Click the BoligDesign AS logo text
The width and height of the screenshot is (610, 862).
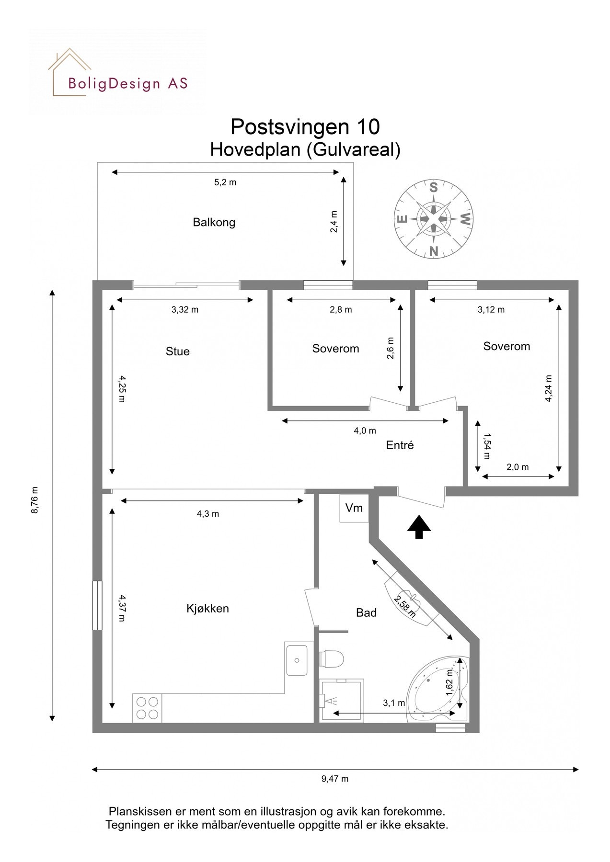coord(127,84)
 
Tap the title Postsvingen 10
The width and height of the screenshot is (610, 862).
coord(305,127)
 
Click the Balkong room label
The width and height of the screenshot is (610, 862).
coord(214,222)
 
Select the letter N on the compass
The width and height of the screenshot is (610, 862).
coord(434,250)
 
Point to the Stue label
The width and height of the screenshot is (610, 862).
coord(177,352)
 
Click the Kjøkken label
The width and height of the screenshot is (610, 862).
coord(207,609)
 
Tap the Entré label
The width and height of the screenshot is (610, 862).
coord(400,445)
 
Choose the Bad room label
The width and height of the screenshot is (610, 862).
coord(366,612)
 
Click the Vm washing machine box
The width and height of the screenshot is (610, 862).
coord(354,508)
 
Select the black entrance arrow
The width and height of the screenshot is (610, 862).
coord(419,527)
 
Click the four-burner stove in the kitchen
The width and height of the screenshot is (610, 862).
coord(147,708)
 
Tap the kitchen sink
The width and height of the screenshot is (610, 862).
coord(297,660)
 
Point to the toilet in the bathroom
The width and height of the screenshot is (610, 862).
coord(331,658)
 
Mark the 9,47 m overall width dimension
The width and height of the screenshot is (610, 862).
coord(335,779)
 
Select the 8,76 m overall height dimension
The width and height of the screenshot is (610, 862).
coord(35,500)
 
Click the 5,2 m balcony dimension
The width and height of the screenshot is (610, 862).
coord(225,182)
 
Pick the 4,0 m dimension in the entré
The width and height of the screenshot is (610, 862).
coord(365,431)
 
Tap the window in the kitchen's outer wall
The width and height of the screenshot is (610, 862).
coord(97,605)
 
